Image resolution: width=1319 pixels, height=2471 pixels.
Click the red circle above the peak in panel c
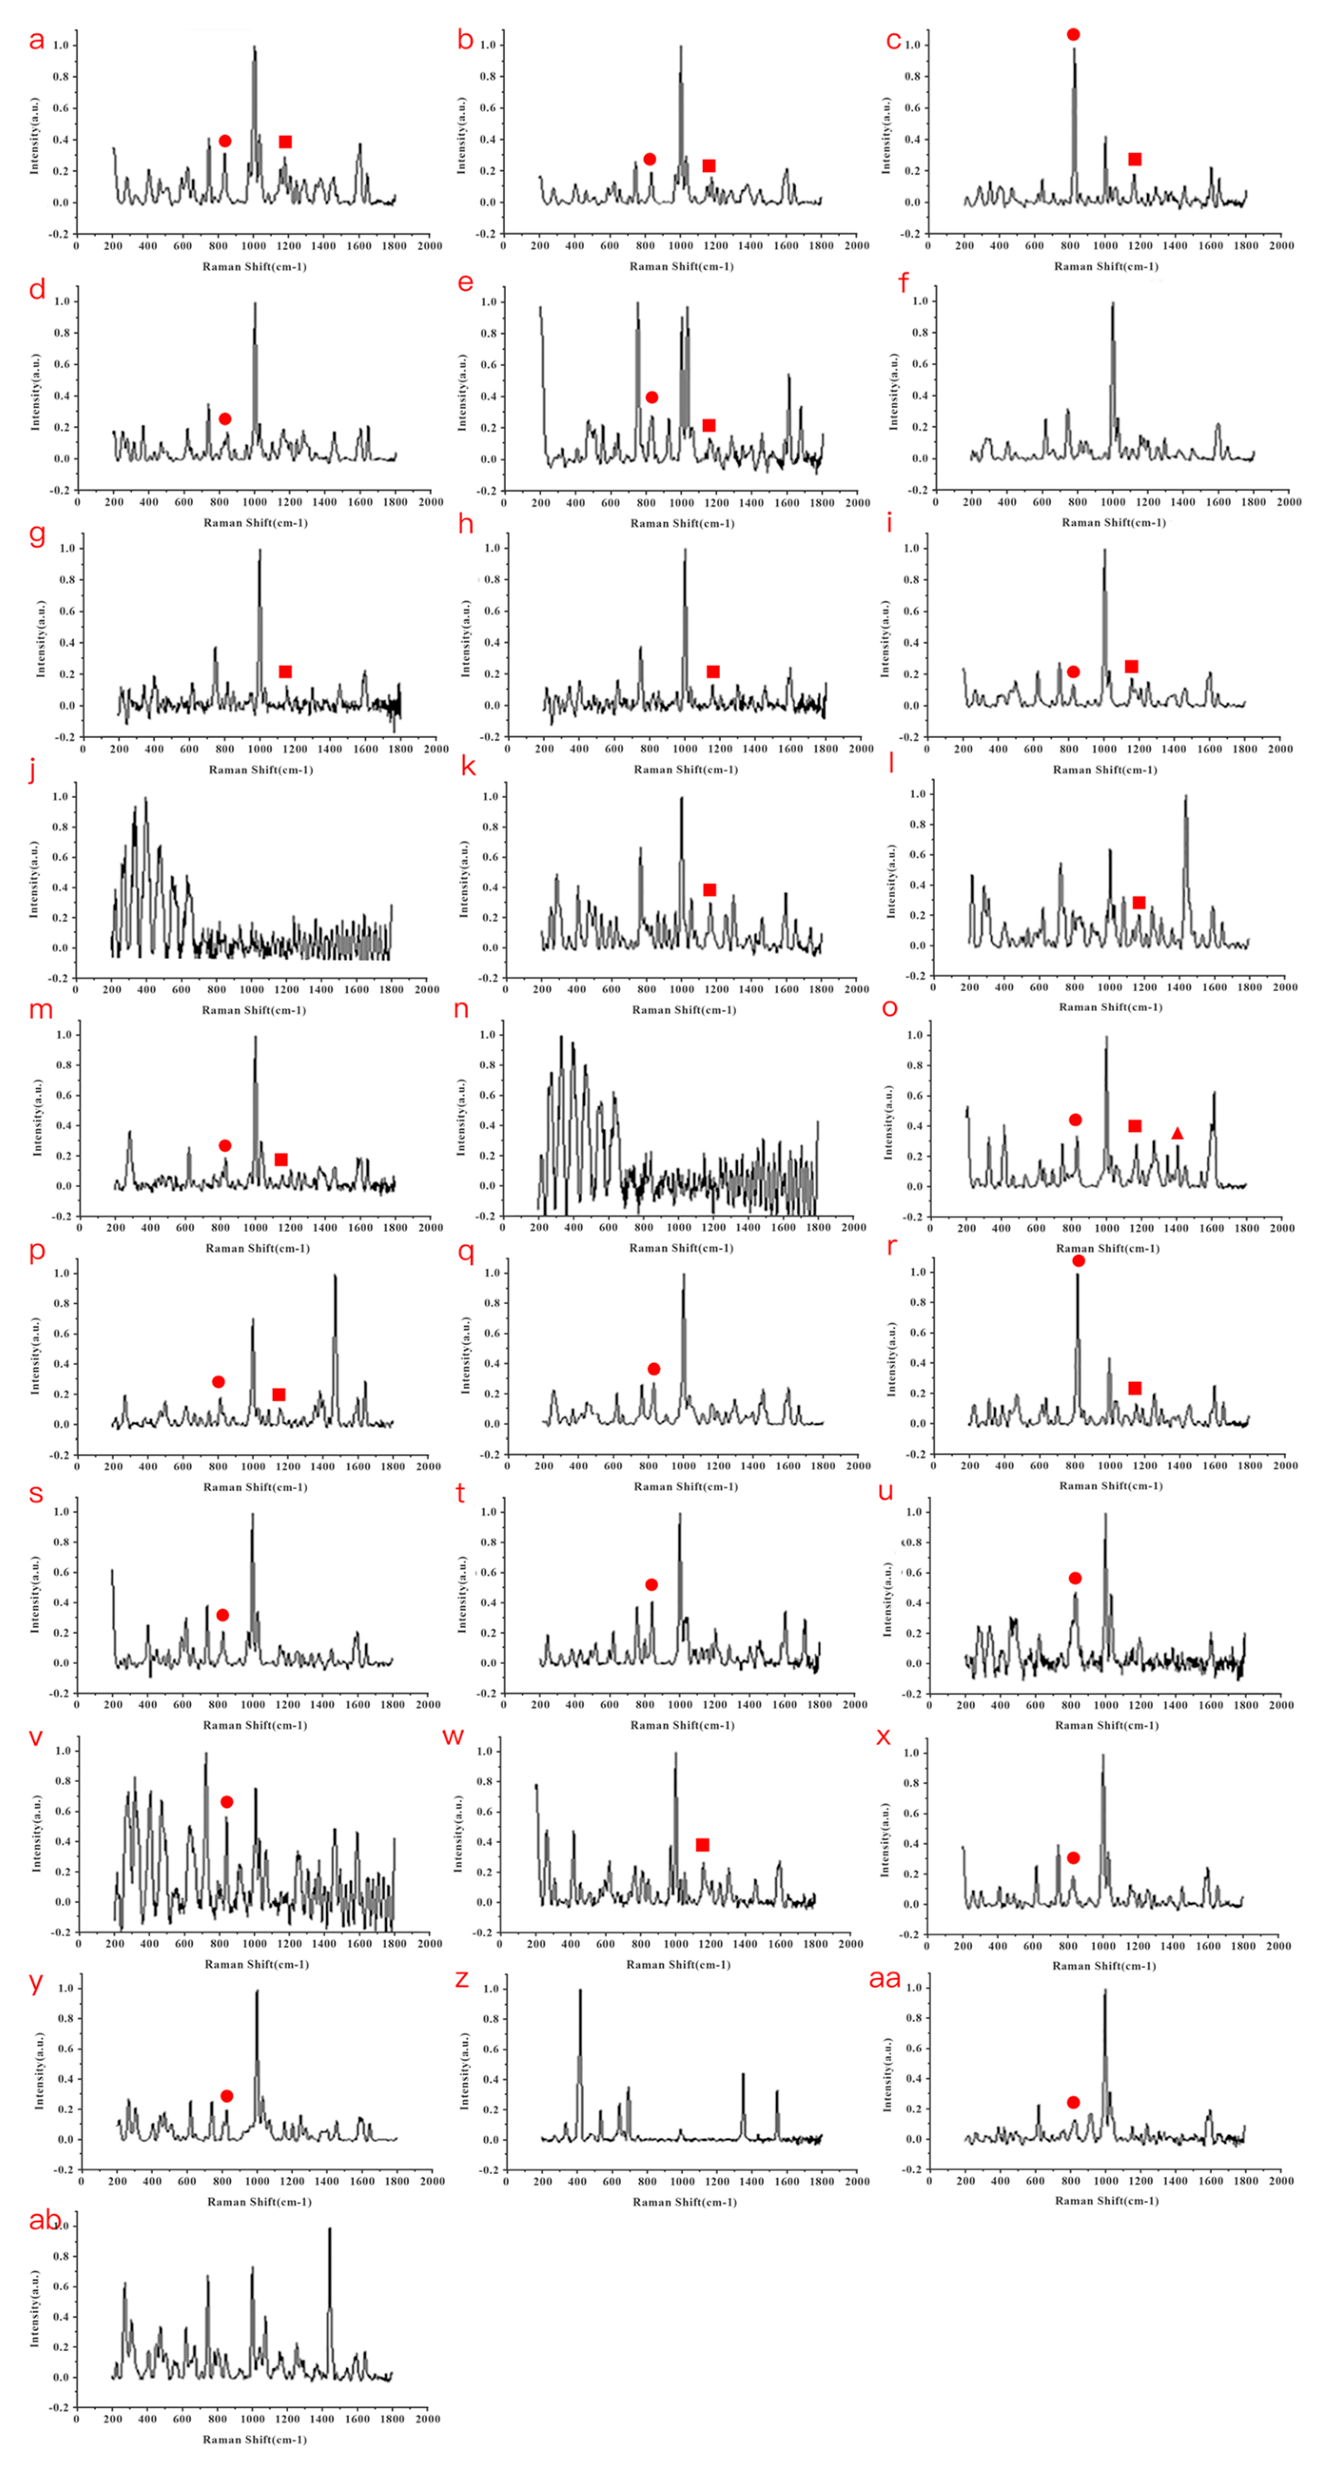click(x=1074, y=35)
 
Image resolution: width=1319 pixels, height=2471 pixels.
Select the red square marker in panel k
click(x=710, y=890)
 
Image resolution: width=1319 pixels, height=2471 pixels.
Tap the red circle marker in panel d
click(x=225, y=419)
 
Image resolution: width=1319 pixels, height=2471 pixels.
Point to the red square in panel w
click(x=702, y=1845)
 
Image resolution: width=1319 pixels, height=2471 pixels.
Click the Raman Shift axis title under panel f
click(x=1113, y=523)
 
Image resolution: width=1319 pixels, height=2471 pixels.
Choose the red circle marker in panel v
click(x=226, y=1802)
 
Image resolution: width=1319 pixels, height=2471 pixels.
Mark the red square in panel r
click(x=1135, y=1388)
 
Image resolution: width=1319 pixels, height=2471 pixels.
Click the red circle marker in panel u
click(x=1075, y=1578)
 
